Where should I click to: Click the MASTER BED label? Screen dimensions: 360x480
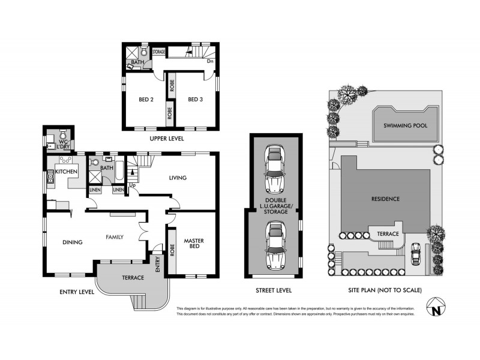[194, 245]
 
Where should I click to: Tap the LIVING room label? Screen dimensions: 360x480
[178, 178]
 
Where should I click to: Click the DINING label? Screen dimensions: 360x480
[71, 242]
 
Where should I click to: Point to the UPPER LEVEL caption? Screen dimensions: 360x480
[167, 139]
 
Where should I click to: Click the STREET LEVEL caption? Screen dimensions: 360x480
[274, 290]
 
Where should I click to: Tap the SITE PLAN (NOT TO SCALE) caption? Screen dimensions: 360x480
[385, 290]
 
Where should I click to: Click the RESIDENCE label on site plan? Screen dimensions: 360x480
[385, 199]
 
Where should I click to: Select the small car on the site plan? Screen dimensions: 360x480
[414, 255]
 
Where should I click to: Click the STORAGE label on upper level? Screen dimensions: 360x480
[158, 52]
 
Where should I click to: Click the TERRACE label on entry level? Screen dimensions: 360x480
[133, 278]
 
